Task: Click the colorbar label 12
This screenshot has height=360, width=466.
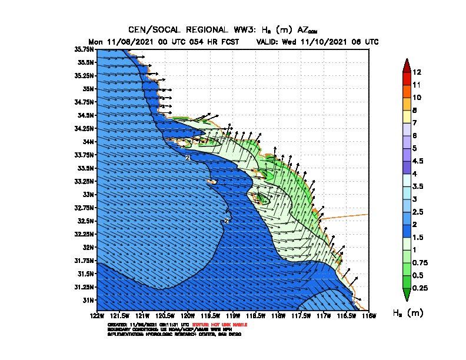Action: (417, 72)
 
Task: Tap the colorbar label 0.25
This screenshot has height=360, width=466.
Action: (421, 288)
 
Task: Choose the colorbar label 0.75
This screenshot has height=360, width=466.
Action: (421, 262)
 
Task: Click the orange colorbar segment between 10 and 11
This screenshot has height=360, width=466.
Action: (405, 91)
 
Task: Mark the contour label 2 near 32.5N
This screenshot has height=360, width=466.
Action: (226, 221)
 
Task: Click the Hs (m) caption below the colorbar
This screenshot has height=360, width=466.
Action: (408, 313)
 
